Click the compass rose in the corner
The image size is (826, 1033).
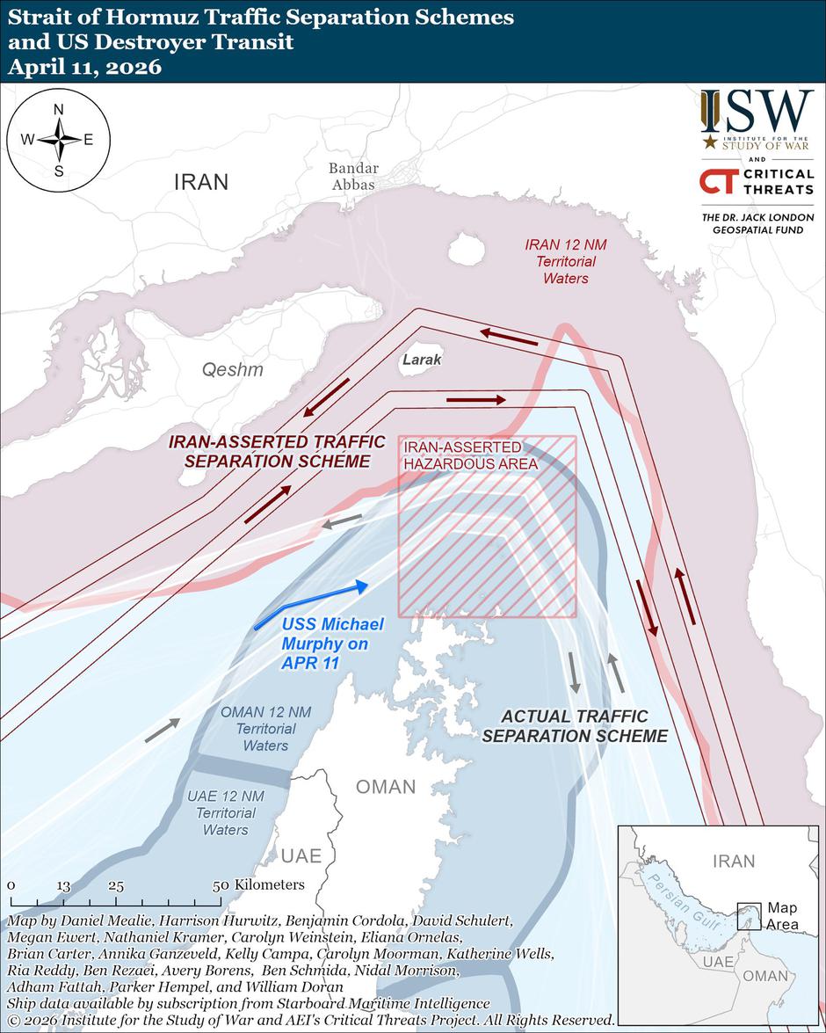point(59,140)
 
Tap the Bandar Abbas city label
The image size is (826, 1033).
point(353,177)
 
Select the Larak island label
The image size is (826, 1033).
point(422,360)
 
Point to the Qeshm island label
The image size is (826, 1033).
point(233,370)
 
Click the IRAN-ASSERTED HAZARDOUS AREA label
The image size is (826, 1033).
point(470,455)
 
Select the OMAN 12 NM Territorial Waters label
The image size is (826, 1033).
point(265,728)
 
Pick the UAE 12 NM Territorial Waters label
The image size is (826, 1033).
point(226,812)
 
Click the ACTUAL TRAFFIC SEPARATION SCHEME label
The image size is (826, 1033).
point(575,726)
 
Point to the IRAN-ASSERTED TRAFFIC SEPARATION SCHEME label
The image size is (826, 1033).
point(276,451)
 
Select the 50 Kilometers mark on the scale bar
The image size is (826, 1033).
point(219,885)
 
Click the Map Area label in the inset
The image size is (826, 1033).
point(782,915)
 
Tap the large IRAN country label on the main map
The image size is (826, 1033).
point(201,182)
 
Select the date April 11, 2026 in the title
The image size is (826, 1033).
point(85,67)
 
